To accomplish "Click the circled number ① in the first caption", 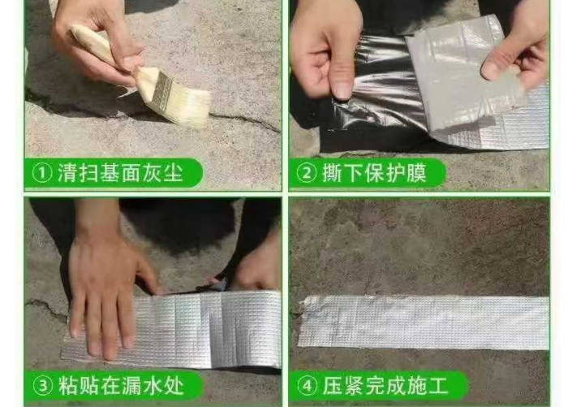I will [x=41, y=173].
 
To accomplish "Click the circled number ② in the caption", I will [x=306, y=173].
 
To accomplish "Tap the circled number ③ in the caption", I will [x=41, y=384].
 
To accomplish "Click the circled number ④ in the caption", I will [x=306, y=384].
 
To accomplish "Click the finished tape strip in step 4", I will [x=422, y=321].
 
